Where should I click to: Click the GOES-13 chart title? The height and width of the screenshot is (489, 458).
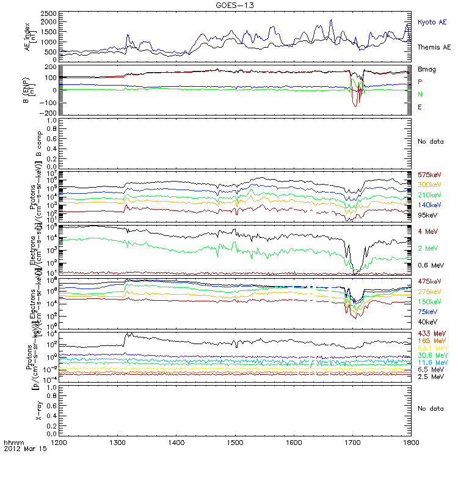click(x=235, y=5)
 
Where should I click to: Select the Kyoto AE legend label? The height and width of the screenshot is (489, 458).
click(x=432, y=22)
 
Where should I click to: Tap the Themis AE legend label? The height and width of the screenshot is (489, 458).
click(x=434, y=47)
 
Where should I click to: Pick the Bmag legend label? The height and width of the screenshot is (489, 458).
click(x=426, y=70)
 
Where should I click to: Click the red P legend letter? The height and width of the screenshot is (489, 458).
click(x=420, y=82)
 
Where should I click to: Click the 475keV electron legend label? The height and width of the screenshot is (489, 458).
click(x=429, y=281)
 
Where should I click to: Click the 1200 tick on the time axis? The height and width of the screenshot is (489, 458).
click(x=59, y=441)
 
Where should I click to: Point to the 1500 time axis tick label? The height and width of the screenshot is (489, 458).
click(x=235, y=441)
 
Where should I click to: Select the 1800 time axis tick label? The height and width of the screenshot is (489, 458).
click(x=412, y=441)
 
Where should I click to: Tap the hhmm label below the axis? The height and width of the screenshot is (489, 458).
click(x=13, y=441)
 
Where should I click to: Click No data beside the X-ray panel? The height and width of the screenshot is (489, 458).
click(x=432, y=408)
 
